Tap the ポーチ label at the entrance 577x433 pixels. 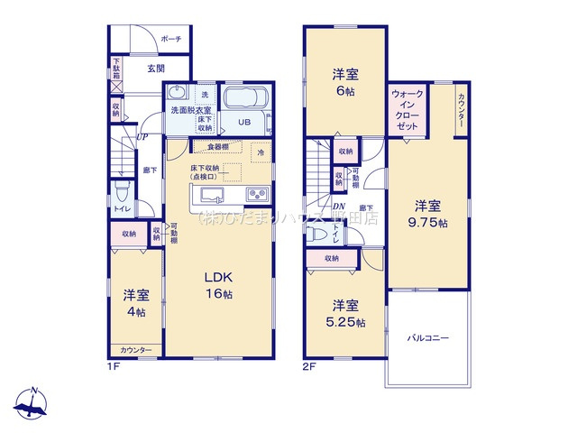point(171,39)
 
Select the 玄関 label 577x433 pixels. point(154,69)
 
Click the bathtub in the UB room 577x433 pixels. point(243,101)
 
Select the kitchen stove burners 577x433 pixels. point(254,194)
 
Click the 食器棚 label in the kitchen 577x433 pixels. point(217,147)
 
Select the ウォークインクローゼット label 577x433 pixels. point(408,111)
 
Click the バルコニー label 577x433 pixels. point(426,338)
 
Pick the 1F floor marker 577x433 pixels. point(115,368)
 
